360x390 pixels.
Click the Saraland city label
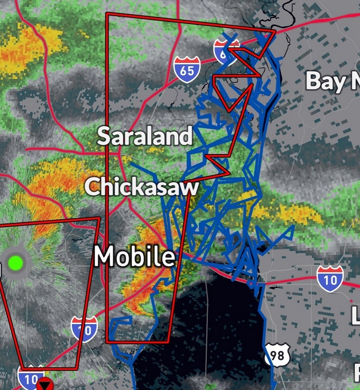click(145, 137)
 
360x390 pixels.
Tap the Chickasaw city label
click(142, 187)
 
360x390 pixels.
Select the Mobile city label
click(135, 257)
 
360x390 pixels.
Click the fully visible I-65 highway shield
click(187, 70)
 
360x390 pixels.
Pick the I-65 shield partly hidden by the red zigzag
click(226, 51)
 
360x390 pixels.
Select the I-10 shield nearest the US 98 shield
click(330, 278)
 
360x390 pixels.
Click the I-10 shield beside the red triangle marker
click(31, 377)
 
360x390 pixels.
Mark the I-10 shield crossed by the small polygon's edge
click(84, 329)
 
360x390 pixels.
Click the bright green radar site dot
click(16, 263)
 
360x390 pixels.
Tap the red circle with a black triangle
click(46, 384)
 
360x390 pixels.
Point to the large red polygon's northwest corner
click(106, 13)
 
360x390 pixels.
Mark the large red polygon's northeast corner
click(275, 31)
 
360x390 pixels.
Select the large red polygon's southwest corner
click(106, 342)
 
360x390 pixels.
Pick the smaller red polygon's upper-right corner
click(99, 218)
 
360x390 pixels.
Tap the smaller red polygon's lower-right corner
click(77, 368)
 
